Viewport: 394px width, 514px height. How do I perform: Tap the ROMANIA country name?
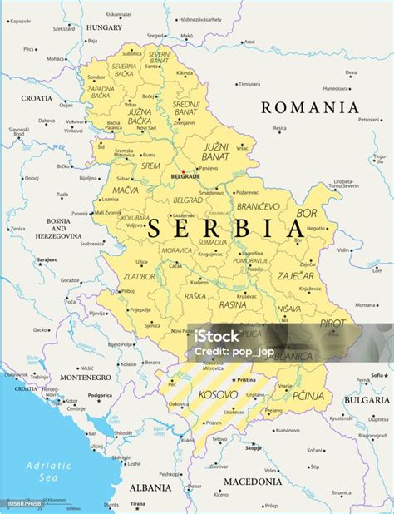pos(310,107)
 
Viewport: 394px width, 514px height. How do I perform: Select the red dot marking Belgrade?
pos(184,171)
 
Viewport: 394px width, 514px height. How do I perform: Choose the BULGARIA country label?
pos(366,399)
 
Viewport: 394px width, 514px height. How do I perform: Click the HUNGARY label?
pos(104,27)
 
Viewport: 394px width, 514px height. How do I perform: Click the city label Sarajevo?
pos(47,259)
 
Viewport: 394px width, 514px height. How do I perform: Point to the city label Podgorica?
pos(100,395)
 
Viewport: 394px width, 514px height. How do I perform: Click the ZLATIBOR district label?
pos(138,275)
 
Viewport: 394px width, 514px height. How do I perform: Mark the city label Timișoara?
pos(249,84)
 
